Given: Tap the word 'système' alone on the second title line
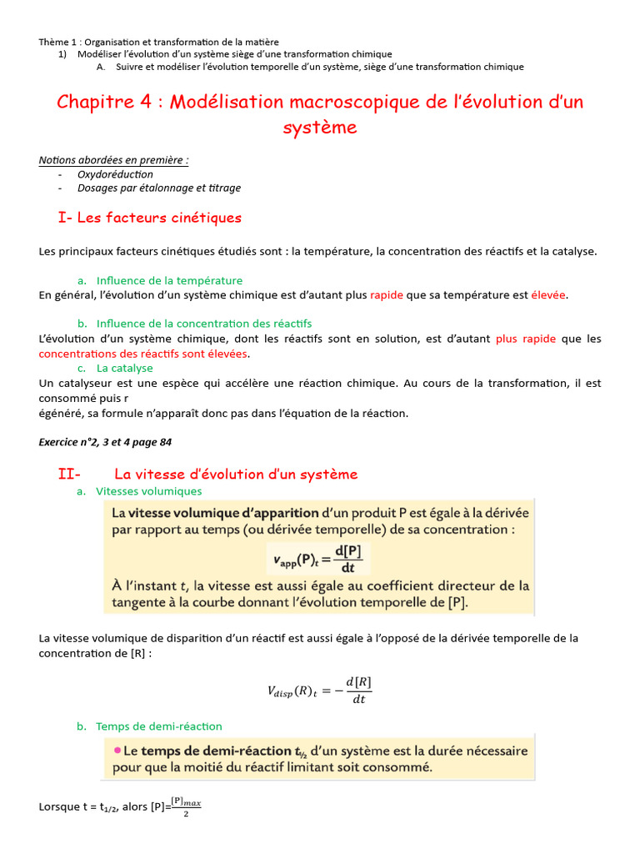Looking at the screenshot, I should pyautogui.click(x=320, y=128).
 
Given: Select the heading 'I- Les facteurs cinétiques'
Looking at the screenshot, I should pyautogui.click(x=150, y=218).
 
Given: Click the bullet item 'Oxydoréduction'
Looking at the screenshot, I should pyautogui.click(x=115, y=174).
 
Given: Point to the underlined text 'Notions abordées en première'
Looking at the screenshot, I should pyautogui.click(x=112, y=160).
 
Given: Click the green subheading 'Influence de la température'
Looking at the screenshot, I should pyautogui.click(x=169, y=280).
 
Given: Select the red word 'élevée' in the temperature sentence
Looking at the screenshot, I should pyautogui.click(x=548, y=294).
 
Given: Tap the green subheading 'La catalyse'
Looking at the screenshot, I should pyautogui.click(x=125, y=368).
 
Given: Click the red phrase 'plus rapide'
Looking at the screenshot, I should pyautogui.click(x=525, y=339).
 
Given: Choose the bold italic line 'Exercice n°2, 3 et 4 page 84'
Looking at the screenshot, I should pyautogui.click(x=105, y=442).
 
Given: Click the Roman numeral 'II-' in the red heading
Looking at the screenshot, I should pyautogui.click(x=69, y=475).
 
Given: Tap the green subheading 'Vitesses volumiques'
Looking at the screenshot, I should pyautogui.click(x=149, y=491).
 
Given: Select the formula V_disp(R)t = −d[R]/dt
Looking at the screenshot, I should pyautogui.click(x=319, y=690).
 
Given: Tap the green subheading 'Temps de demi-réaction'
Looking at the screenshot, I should pyautogui.click(x=159, y=726).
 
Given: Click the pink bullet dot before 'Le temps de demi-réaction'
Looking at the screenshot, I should pyautogui.click(x=116, y=751).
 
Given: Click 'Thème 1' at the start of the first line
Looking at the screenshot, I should pyautogui.click(x=57, y=42).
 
